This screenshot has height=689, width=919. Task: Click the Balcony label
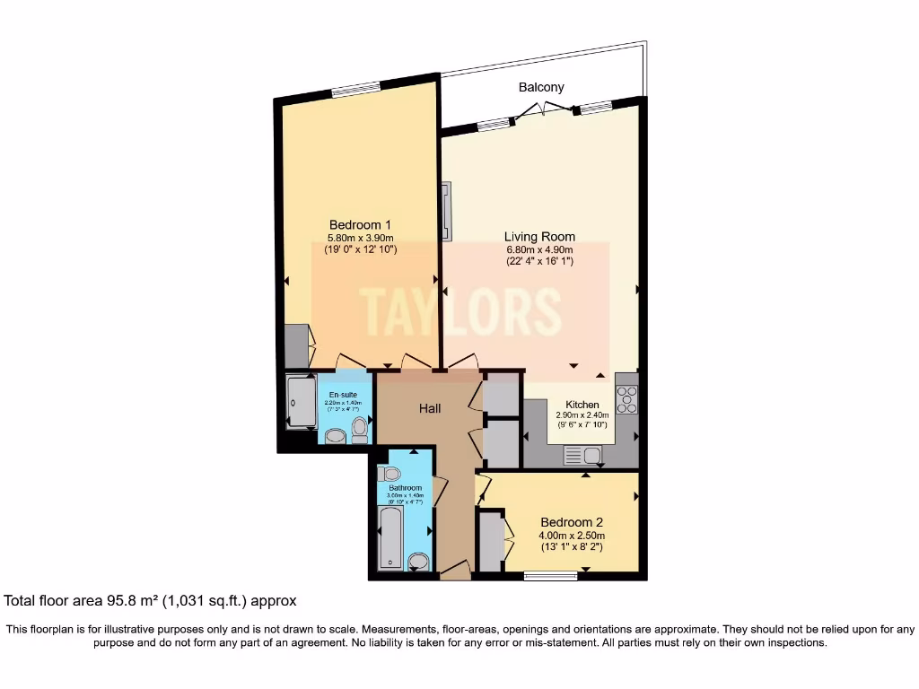click(x=541, y=87)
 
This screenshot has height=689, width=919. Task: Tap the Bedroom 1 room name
click(x=360, y=224)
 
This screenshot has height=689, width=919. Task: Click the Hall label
click(x=430, y=408)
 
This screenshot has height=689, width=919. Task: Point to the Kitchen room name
click(x=582, y=405)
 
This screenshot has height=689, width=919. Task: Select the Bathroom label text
click(x=405, y=488)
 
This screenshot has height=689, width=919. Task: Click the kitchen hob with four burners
click(x=626, y=399)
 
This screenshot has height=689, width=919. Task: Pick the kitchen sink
click(x=574, y=456)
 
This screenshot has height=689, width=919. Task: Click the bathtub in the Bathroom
click(x=390, y=537)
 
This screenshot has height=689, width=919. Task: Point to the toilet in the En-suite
click(x=360, y=429)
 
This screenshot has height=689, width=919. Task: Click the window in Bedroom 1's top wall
click(x=355, y=88)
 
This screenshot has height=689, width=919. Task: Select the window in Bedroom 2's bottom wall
click(x=550, y=576)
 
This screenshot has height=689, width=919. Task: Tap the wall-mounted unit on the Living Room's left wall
click(x=446, y=211)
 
